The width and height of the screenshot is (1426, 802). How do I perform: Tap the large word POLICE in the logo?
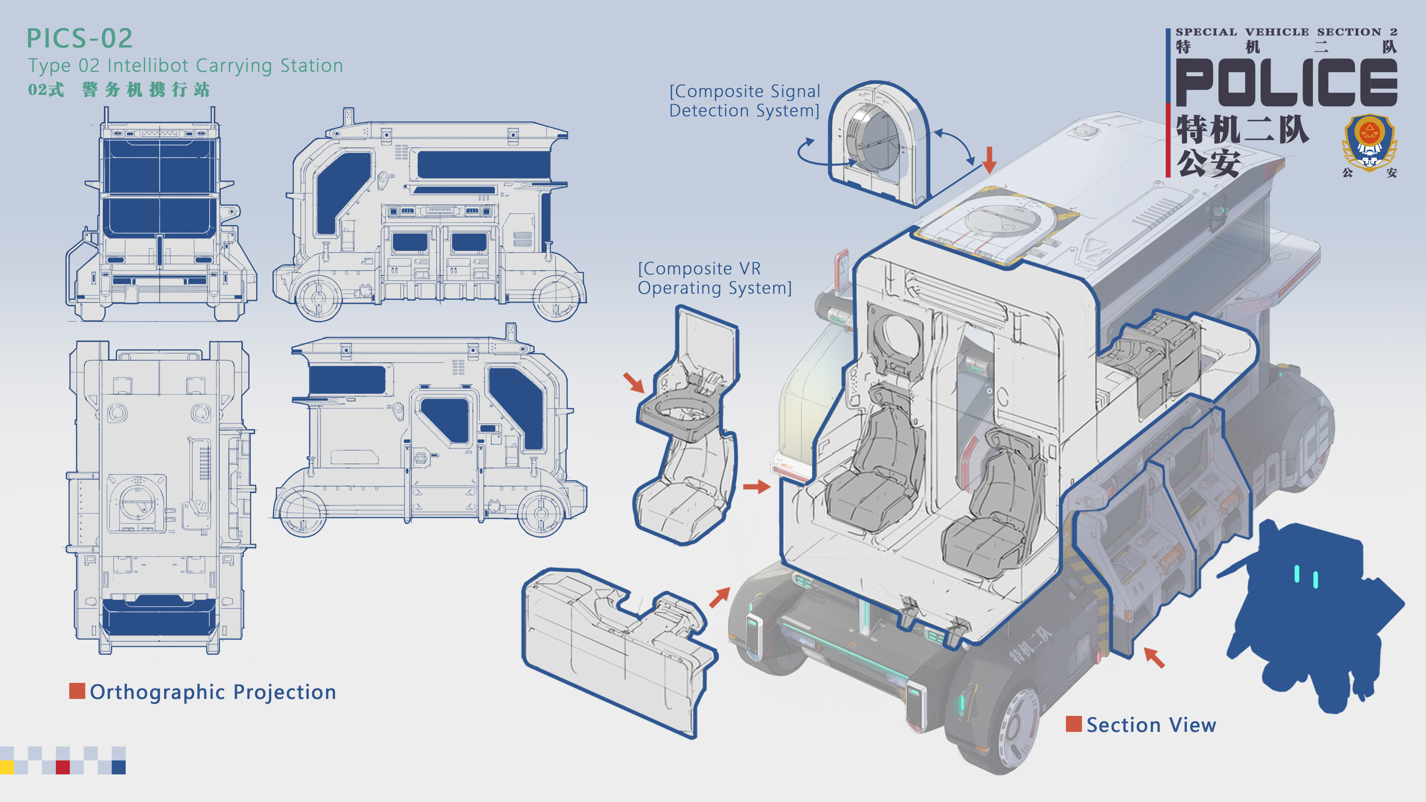(1286, 83)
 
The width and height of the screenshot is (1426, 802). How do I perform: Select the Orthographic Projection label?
(213, 692)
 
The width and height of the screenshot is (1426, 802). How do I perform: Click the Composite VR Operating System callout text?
(714, 278)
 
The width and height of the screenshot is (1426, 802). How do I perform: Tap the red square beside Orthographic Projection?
(77, 691)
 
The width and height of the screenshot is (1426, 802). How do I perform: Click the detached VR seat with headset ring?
(687, 432)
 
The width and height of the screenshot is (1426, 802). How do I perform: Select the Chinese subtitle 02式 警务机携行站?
(119, 90)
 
